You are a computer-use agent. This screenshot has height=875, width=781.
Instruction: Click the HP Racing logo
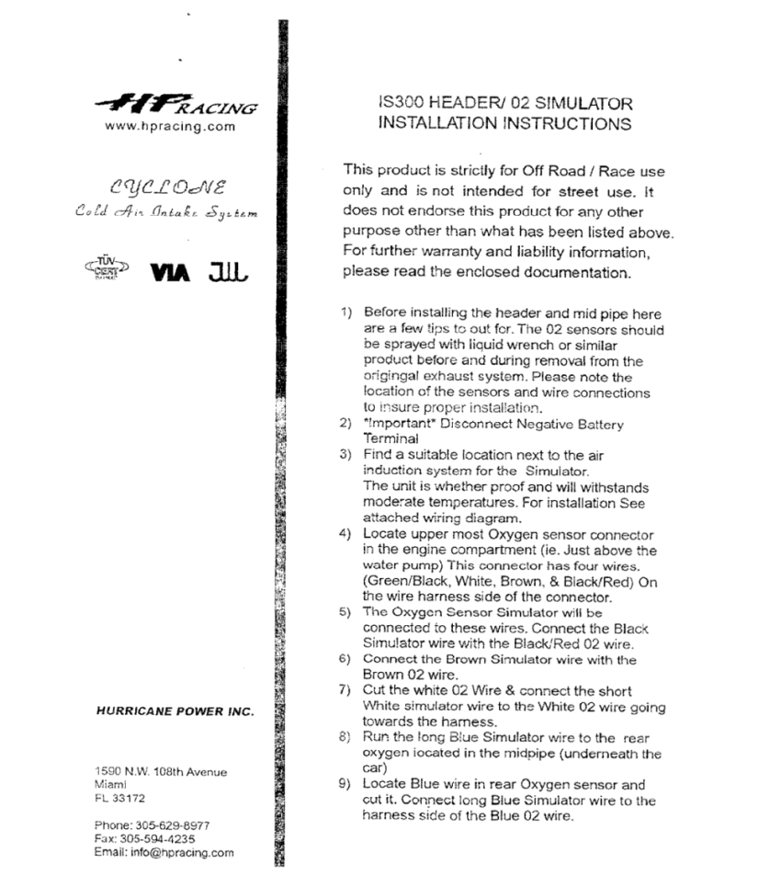(175, 104)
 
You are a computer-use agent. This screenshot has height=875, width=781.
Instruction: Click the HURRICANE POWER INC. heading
(175, 711)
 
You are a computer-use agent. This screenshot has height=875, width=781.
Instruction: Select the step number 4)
(348, 534)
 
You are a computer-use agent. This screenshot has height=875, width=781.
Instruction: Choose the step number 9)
(348, 784)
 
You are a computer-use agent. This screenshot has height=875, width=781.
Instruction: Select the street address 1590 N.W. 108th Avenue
(162, 771)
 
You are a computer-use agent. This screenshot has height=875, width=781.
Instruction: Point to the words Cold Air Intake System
(166, 213)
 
